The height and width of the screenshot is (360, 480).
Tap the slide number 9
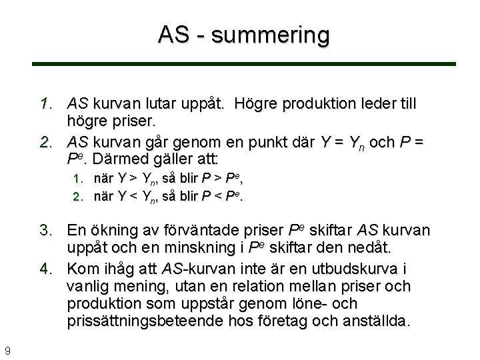(7, 350)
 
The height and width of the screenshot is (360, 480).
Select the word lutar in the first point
(161, 105)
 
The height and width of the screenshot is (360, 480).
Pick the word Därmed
(121, 160)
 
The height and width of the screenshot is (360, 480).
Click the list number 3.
(45, 231)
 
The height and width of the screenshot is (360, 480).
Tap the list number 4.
(45, 269)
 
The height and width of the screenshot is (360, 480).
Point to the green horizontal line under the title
(244, 64)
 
